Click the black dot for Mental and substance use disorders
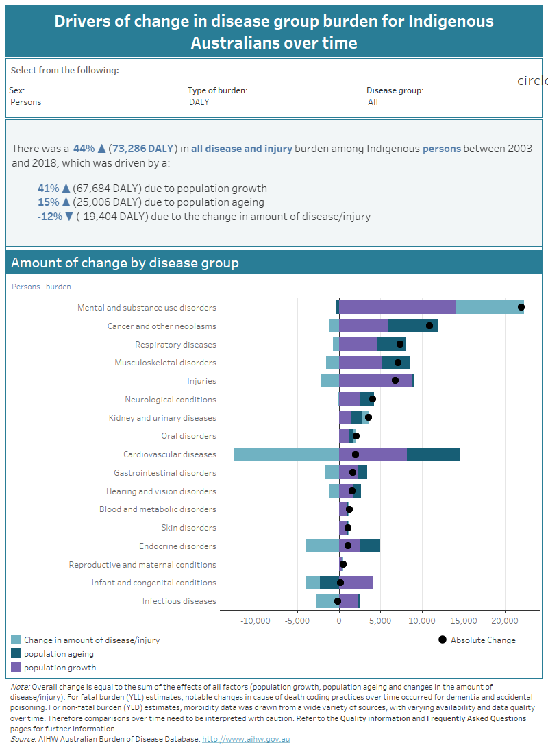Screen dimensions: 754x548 click(521, 308)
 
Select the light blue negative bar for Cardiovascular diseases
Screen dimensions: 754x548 click(286, 454)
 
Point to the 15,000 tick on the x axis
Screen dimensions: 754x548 click(463, 620)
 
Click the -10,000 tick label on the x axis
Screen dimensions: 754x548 click(256, 620)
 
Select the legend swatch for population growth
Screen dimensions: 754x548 click(16, 668)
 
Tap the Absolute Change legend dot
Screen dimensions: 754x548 click(442, 640)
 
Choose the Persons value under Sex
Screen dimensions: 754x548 click(26, 102)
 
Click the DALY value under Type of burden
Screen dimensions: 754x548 click(199, 102)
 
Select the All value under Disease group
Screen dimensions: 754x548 click(373, 102)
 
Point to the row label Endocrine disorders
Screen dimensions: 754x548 click(177, 546)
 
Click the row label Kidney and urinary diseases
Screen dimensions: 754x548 click(162, 418)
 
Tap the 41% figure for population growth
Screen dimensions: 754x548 click(49, 188)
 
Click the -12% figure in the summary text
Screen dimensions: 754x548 click(49, 217)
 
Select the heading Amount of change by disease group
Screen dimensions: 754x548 click(125, 263)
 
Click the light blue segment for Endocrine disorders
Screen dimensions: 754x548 click(322, 546)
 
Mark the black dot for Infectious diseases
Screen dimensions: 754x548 click(337, 601)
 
